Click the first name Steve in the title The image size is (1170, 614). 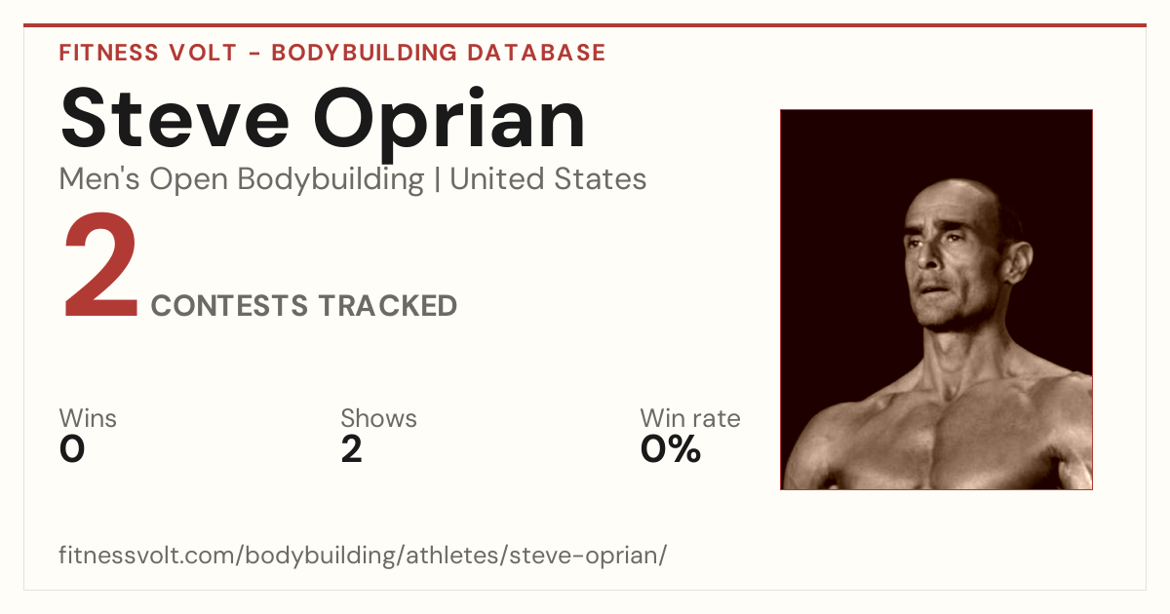(175, 119)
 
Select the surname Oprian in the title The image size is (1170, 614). (449, 124)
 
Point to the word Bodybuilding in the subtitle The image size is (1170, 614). (331, 179)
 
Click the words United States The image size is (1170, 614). (548, 178)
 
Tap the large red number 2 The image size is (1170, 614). (100, 265)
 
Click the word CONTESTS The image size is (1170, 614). (229, 305)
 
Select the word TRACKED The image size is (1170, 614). (388, 305)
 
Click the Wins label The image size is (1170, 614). (88, 418)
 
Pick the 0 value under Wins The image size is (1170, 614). (72, 449)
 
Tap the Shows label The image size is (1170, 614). (378, 418)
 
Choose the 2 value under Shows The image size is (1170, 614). (352, 449)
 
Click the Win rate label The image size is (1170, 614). (690, 418)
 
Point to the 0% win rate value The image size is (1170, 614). (671, 449)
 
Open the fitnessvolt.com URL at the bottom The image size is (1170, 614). (363, 555)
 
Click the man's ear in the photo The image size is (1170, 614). (1019, 264)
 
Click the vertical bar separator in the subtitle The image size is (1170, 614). (437, 179)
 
